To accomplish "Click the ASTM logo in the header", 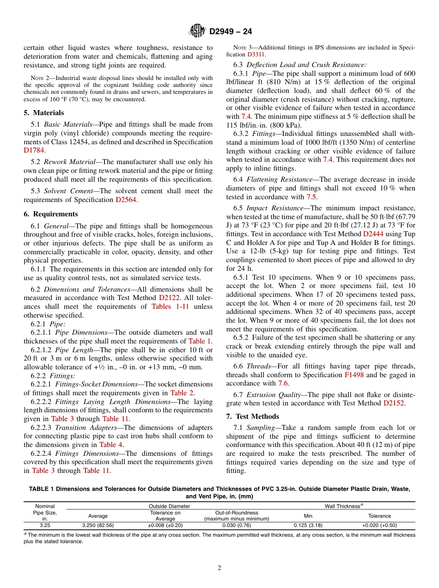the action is (197, 31).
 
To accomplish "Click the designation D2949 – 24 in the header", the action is (231, 32).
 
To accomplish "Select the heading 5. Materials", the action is (43, 113).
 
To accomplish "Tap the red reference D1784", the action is (34, 150).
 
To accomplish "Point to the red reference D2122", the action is (169, 298).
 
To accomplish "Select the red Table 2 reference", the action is (182, 393).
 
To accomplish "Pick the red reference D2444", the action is (376, 234).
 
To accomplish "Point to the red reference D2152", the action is (394, 403).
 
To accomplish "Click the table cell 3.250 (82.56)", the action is (98, 526).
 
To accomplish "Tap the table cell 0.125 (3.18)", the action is (308, 526).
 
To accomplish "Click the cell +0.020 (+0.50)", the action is (379, 526).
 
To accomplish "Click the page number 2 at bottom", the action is (219, 568).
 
